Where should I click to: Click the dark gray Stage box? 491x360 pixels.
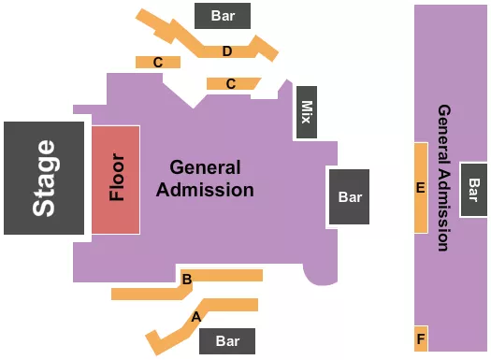(44, 178)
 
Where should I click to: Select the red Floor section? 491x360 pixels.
(116, 178)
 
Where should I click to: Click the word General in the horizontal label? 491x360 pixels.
(205, 168)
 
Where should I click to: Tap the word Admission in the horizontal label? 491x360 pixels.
(205, 190)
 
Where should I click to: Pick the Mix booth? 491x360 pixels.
(305, 113)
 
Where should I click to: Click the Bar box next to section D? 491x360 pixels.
(223, 16)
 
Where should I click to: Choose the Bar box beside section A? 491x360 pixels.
(228, 340)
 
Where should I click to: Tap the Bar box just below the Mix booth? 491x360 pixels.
(349, 197)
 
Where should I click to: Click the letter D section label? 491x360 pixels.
(227, 50)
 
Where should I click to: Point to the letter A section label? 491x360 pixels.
(195, 317)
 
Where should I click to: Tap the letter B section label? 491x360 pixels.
(187, 279)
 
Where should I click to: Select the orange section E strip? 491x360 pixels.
(421, 188)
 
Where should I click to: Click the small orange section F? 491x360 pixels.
(421, 338)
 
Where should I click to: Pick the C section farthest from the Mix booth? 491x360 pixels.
(158, 62)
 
